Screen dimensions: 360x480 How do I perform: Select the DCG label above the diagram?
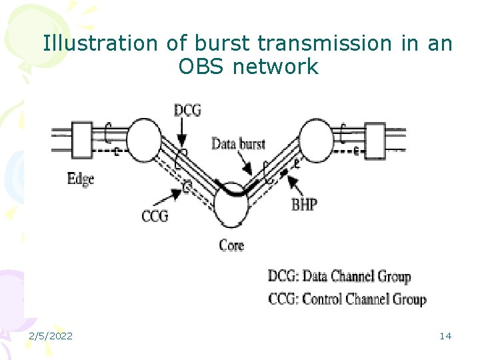(187, 110)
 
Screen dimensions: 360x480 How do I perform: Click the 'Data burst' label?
(238, 143)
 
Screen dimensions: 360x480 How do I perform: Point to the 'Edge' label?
(81, 178)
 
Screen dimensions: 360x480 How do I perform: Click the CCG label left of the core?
(154, 215)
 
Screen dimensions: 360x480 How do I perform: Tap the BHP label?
(305, 204)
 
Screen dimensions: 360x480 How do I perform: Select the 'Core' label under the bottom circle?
(231, 245)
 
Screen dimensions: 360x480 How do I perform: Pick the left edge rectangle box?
(81, 141)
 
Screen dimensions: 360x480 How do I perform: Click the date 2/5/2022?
(51, 335)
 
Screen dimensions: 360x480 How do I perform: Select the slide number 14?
(445, 335)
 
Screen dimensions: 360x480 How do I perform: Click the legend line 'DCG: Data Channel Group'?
(339, 276)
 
